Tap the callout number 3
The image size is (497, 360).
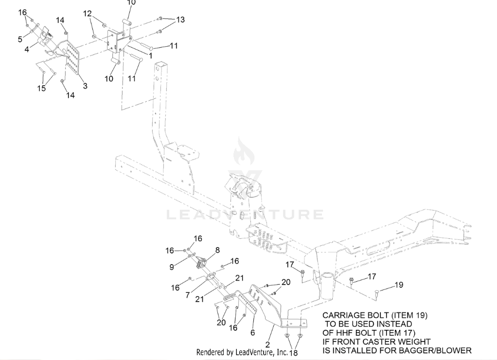click(x=85, y=86)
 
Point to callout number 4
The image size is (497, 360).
click(x=27, y=49)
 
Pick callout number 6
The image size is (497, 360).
click(x=252, y=333)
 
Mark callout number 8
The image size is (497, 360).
click(x=217, y=250)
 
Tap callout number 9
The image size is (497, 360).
click(x=172, y=266)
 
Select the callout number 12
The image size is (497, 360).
click(x=88, y=14)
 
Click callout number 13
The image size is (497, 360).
click(x=180, y=20)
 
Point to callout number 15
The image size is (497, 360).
click(x=42, y=88)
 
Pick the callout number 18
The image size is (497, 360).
click(x=293, y=353)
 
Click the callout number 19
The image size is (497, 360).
click(x=398, y=285)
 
